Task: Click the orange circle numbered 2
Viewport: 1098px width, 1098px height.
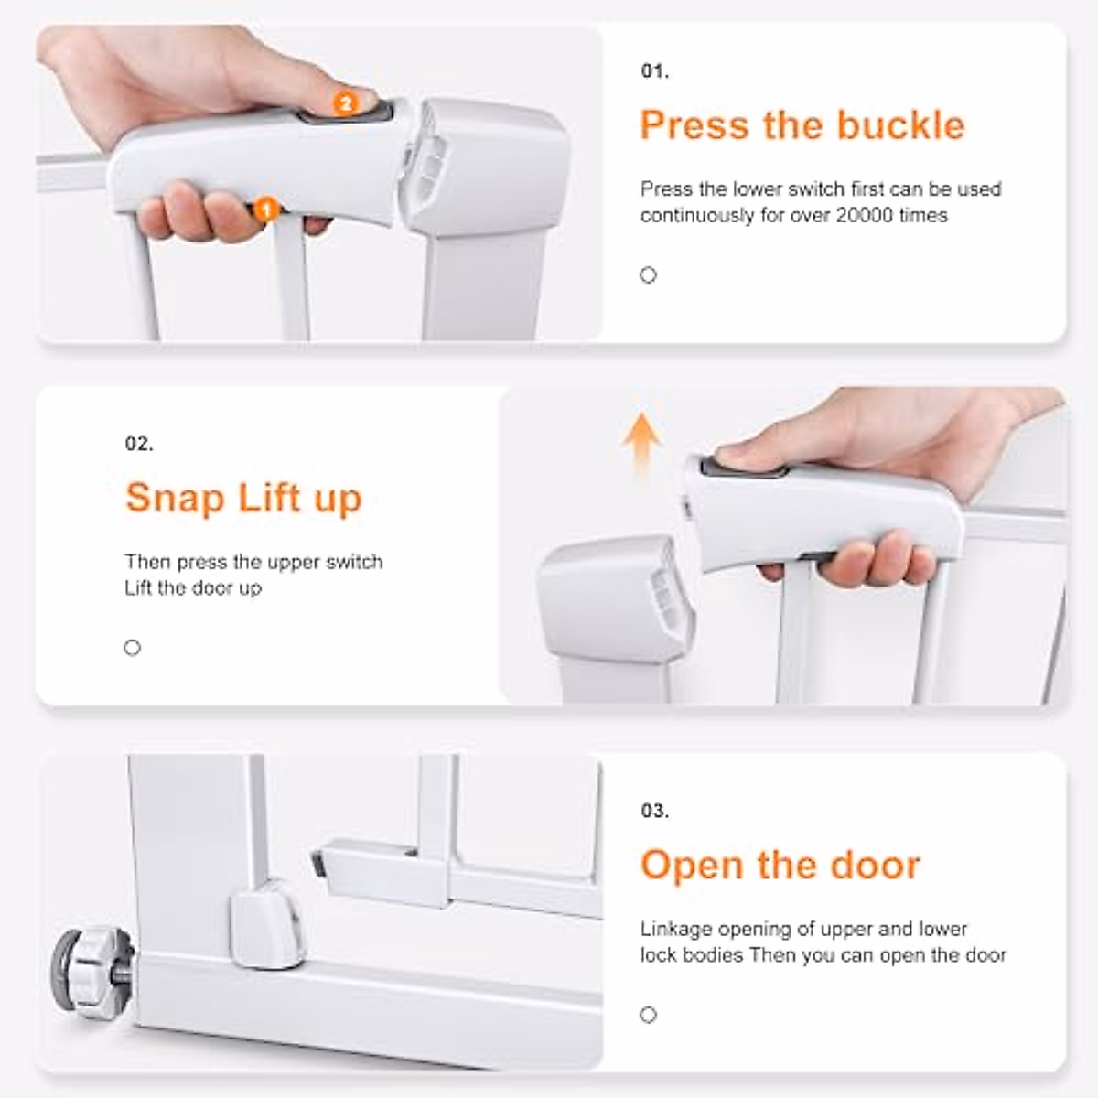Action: pyautogui.click(x=346, y=103)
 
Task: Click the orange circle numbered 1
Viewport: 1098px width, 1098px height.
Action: pyautogui.click(x=266, y=210)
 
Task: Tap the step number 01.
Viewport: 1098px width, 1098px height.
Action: pyautogui.click(x=654, y=71)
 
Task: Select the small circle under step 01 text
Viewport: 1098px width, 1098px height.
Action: pyautogui.click(x=649, y=275)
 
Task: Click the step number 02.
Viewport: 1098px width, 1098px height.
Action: pyautogui.click(x=139, y=445)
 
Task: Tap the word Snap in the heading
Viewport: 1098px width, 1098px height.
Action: pyautogui.click(x=175, y=498)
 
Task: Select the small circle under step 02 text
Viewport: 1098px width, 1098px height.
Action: pyautogui.click(x=133, y=648)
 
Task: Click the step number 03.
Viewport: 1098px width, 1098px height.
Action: pyautogui.click(x=654, y=811)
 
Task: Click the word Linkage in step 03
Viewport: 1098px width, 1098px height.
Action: pyautogui.click(x=675, y=929)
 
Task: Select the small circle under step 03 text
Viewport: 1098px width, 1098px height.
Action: pyautogui.click(x=649, y=1014)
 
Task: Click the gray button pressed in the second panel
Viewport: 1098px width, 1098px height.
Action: pyautogui.click(x=744, y=468)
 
